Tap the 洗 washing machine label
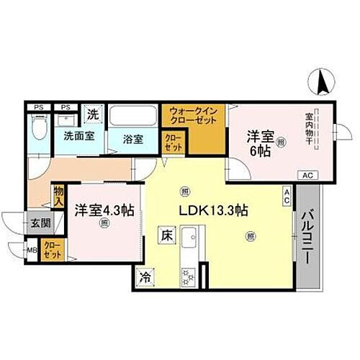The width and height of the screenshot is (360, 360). (x=92, y=113)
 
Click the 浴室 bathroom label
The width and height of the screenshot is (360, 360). (x=131, y=138)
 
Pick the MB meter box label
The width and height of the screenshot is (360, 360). (x=32, y=251)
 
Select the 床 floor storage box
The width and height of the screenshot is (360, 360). (x=165, y=235)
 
